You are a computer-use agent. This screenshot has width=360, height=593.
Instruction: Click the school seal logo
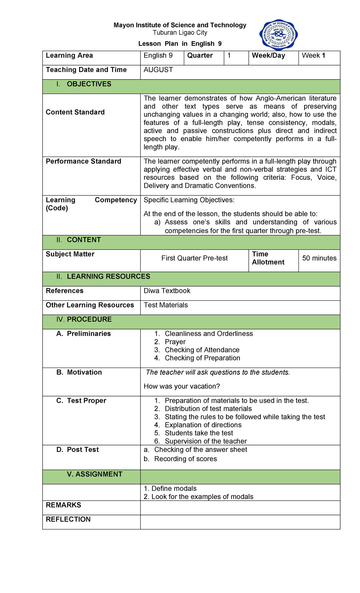pyautogui.click(x=278, y=35)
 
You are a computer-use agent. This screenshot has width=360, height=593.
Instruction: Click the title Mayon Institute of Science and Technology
pyautogui.click(x=180, y=25)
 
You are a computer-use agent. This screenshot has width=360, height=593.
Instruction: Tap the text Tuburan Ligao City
pyautogui.click(x=180, y=33)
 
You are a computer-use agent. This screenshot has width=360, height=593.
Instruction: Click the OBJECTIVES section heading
pyautogui.click(x=89, y=84)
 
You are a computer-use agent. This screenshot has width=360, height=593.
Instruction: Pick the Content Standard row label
pyautogui.click(x=75, y=112)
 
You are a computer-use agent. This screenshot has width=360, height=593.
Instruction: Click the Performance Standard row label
pyautogui.click(x=83, y=161)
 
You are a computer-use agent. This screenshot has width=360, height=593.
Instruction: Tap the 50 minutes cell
pyautogui.click(x=319, y=258)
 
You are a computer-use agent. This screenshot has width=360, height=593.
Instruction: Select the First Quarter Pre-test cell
pyautogui.click(x=194, y=258)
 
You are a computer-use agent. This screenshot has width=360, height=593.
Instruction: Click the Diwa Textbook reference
pyautogui.click(x=167, y=291)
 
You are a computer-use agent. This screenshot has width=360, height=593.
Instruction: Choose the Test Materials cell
pyautogui.click(x=166, y=305)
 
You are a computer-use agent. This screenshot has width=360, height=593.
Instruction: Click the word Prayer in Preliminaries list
pyautogui.click(x=175, y=342)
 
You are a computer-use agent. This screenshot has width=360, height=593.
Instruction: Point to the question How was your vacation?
pyautogui.click(x=182, y=387)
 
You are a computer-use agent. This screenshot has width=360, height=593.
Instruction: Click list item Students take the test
pyautogui.click(x=199, y=433)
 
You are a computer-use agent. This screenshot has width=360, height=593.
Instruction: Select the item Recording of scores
pyautogui.click(x=185, y=459)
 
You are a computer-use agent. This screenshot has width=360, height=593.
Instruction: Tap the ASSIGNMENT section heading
pyautogui.click(x=94, y=474)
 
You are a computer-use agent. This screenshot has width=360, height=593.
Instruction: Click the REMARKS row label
pyautogui.click(x=64, y=505)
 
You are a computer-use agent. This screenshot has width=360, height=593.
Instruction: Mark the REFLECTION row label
pyautogui.click(x=68, y=519)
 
